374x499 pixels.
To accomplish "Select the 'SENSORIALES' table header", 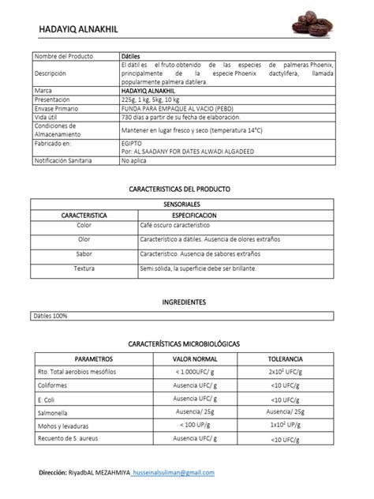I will (x=186, y=204).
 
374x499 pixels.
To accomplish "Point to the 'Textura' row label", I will (x=84, y=268).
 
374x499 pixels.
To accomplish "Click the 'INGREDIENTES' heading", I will (x=184, y=302).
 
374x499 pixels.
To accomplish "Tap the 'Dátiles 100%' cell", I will (x=50, y=316).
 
